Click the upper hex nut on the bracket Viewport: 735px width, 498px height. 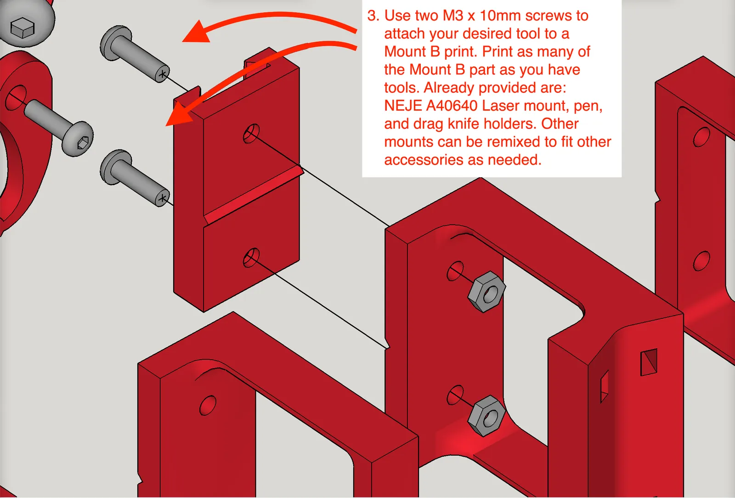(486, 292)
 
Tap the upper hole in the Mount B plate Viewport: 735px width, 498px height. (251, 134)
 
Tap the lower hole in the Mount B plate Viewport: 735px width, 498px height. (251, 258)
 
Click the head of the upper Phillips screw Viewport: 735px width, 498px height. (115, 43)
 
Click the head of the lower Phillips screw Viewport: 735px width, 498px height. (115, 167)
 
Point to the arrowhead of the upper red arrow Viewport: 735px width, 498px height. (197, 32)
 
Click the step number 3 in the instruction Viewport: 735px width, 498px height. (373, 16)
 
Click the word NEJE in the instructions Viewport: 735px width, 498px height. (403, 106)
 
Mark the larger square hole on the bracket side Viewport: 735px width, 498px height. (649, 362)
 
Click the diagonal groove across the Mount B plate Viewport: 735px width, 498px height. (253, 195)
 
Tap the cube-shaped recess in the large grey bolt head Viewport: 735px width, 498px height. (23, 28)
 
